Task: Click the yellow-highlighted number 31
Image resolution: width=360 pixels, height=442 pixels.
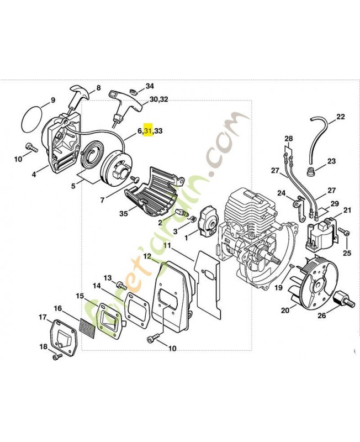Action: click(148, 131)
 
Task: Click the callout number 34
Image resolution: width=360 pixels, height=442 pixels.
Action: click(150, 87)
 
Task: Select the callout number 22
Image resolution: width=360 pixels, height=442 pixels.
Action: click(340, 117)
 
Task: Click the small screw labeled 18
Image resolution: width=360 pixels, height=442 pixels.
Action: click(55, 357)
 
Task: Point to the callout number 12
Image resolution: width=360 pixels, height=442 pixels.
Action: click(147, 256)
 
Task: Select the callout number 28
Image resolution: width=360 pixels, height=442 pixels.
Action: click(288, 138)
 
